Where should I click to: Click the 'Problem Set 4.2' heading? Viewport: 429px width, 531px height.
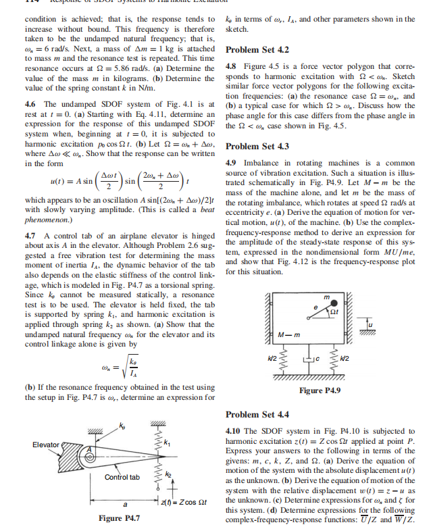257,50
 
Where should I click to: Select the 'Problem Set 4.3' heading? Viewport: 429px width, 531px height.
257,147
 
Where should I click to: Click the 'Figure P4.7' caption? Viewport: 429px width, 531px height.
119,518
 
